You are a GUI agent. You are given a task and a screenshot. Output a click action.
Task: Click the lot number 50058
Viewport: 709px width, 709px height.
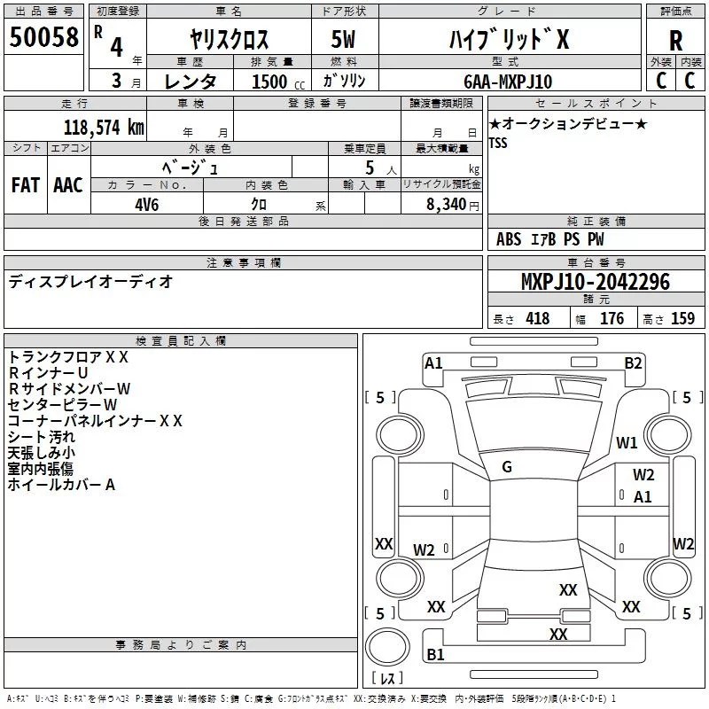43,37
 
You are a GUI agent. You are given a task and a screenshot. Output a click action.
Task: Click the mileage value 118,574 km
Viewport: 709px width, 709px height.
104,128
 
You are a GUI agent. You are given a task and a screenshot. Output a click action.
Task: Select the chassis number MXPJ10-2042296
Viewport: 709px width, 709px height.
596,282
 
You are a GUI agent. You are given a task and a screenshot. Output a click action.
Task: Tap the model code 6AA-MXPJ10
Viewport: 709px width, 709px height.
508,82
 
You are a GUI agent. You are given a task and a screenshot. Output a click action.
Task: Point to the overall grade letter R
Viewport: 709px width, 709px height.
675,41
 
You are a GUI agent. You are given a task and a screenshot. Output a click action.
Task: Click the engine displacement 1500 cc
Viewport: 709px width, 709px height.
278,82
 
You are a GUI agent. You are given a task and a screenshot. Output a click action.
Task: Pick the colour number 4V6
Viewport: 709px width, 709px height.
147,205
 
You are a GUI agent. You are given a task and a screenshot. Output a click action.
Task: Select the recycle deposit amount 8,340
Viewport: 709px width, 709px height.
447,204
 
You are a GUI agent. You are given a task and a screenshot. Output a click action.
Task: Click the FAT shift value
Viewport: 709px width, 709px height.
26,185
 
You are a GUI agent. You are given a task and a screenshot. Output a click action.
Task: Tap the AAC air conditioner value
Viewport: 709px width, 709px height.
68,185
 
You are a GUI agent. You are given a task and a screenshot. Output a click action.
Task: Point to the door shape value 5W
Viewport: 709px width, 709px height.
343,39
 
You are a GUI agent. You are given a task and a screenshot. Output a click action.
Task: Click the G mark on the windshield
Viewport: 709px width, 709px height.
507,467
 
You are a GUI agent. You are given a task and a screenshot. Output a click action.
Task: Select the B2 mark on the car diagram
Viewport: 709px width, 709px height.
633,363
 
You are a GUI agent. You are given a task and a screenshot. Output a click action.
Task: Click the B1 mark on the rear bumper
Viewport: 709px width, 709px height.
435,654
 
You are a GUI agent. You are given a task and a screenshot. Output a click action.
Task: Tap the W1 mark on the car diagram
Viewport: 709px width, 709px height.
627,442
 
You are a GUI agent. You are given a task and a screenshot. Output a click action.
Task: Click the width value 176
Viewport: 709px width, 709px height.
612,318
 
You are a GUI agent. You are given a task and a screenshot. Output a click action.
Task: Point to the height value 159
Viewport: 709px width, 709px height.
682,318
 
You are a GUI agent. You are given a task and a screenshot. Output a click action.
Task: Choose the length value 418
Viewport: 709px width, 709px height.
538,318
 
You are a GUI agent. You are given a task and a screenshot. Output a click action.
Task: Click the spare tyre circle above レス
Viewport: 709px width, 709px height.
387,647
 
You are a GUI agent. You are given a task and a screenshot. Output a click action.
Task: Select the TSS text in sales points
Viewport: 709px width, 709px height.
498,143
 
